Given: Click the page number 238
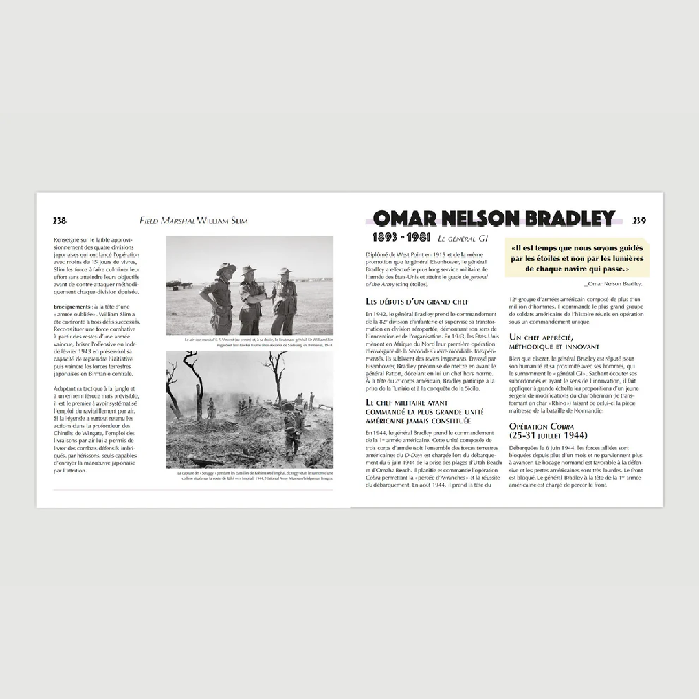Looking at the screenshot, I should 60,221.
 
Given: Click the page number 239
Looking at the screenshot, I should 639,221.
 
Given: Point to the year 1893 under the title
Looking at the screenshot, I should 384,238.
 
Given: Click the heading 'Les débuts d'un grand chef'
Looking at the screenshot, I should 417,302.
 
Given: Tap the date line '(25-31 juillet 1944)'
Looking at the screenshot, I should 548,436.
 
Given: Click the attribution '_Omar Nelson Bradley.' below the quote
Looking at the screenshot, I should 613,283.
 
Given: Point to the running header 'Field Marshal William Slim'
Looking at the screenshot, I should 194,221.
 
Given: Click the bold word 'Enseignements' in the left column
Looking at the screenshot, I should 72,306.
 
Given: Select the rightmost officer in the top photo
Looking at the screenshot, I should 284,301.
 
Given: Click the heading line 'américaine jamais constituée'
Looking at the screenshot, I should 417,420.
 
